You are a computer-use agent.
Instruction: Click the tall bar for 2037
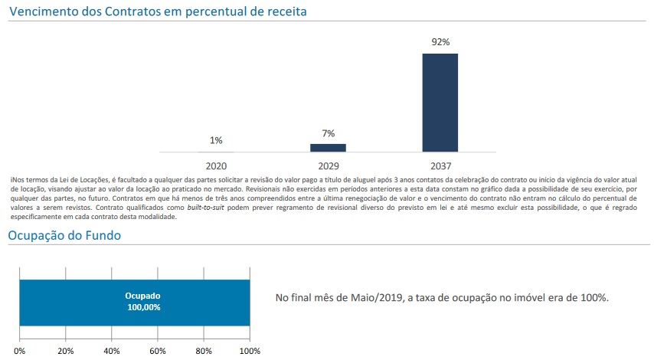(440, 102)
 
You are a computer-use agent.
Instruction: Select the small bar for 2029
(328, 147)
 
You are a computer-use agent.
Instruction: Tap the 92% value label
(440, 42)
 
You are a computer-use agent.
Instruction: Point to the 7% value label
(328, 133)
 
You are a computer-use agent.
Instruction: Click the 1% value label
(216, 140)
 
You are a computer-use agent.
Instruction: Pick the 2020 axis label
(216, 165)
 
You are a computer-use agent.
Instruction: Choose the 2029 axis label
(328, 165)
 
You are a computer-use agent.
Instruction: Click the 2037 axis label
(440, 165)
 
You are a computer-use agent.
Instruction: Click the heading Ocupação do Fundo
(64, 236)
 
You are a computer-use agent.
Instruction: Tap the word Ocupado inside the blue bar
(143, 296)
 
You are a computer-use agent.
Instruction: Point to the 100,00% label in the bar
(143, 307)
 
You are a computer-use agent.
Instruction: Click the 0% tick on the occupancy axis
(20, 351)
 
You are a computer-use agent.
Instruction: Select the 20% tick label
(66, 351)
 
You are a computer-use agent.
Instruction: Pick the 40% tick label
(112, 351)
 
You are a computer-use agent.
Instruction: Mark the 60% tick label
(158, 351)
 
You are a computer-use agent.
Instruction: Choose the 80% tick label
(204, 351)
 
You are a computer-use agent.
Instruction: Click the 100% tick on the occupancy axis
(250, 351)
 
